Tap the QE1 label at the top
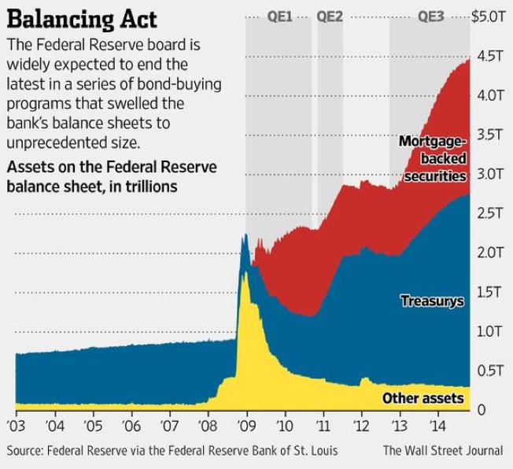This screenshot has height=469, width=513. [279, 16]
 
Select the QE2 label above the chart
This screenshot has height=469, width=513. [329, 16]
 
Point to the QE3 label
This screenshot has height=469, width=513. [430, 16]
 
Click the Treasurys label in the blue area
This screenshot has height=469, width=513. [432, 301]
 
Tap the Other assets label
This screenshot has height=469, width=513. [423, 398]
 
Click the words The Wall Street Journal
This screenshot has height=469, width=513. [443, 451]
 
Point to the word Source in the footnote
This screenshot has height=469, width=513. [25, 451]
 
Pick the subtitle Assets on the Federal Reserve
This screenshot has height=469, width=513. [110, 168]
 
